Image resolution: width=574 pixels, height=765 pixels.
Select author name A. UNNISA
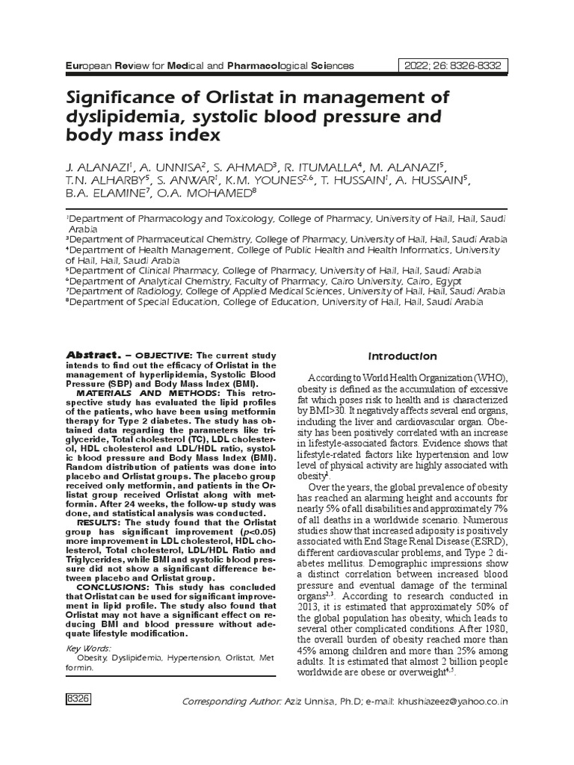pos(174,167)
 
